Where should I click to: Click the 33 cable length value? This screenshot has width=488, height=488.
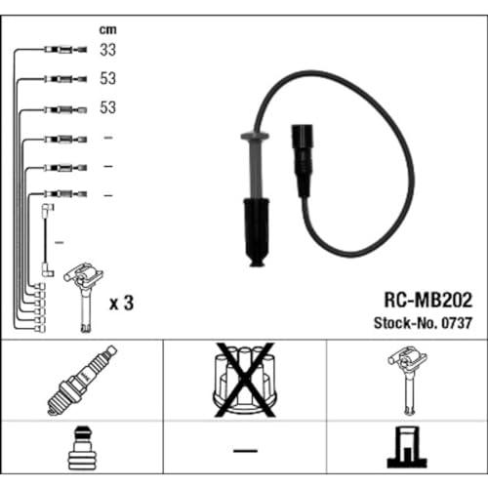107,50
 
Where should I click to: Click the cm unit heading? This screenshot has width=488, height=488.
107,29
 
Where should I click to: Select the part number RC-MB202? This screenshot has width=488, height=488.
427,300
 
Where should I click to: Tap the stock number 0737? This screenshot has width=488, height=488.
456,323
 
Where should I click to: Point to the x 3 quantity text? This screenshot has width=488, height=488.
121,304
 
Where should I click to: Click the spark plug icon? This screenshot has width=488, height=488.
82,381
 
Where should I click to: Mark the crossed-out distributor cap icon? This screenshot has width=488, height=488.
245,380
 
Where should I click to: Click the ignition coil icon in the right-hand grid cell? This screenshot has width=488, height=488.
407,381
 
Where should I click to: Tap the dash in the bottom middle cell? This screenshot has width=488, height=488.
245,451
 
